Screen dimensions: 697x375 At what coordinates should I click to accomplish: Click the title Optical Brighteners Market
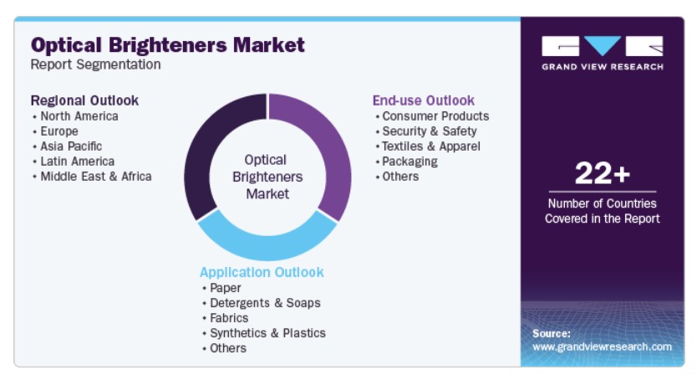pyautogui.click(x=168, y=45)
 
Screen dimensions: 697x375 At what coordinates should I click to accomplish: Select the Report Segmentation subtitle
pyautogui.click(x=95, y=64)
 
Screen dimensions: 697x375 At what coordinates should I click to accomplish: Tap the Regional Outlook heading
pyautogui.click(x=84, y=100)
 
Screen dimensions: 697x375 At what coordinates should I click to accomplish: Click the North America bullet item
pyautogui.click(x=79, y=116)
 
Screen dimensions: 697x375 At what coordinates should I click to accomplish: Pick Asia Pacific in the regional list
pyautogui.click(x=71, y=146)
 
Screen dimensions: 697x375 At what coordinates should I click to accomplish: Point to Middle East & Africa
pyautogui.click(x=96, y=177)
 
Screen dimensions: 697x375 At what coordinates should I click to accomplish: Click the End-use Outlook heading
pyautogui.click(x=424, y=100)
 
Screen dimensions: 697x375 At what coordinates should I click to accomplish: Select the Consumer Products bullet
pyautogui.click(x=435, y=116)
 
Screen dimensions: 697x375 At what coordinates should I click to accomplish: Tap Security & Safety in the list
pyautogui.click(x=430, y=131)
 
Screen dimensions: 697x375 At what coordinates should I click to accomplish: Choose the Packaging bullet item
pyautogui.click(x=410, y=162)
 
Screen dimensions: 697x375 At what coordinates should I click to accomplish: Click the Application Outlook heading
pyautogui.click(x=262, y=273)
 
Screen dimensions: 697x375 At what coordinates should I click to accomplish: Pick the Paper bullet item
pyautogui.click(x=226, y=288)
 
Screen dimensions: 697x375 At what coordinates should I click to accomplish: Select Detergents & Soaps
pyautogui.click(x=265, y=303)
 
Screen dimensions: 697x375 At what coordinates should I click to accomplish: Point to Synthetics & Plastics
pyautogui.click(x=267, y=333)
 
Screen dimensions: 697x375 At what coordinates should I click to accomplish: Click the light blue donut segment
pyautogui.click(x=267, y=246)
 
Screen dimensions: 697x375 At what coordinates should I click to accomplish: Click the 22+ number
pyautogui.click(x=603, y=173)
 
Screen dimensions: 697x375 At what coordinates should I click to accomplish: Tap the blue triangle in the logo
pyautogui.click(x=603, y=45)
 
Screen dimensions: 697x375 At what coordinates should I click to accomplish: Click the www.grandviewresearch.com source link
pyautogui.click(x=602, y=347)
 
